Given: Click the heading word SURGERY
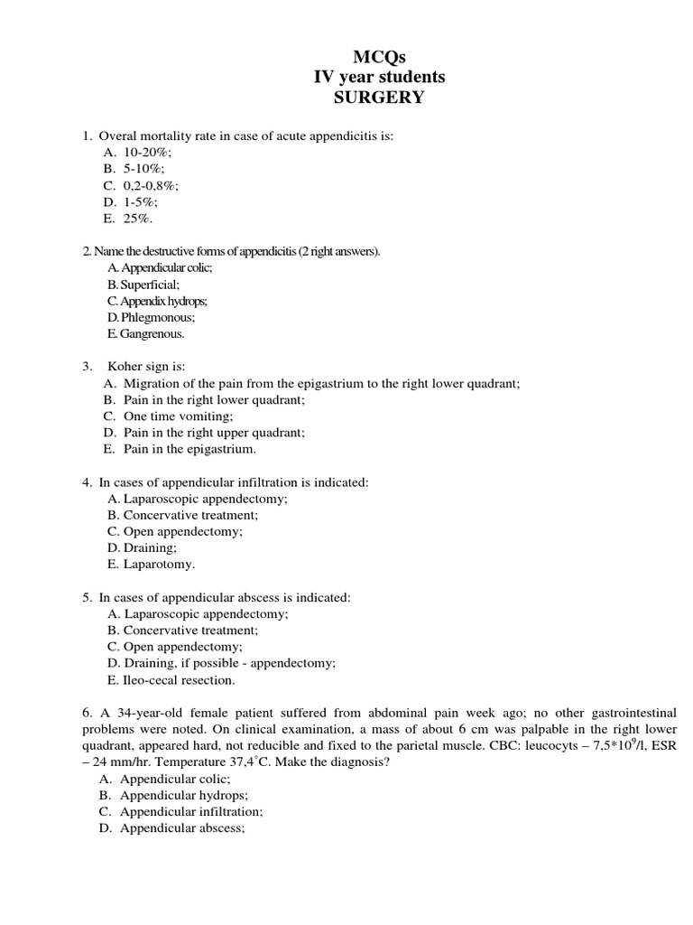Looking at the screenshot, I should point(379,98).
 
